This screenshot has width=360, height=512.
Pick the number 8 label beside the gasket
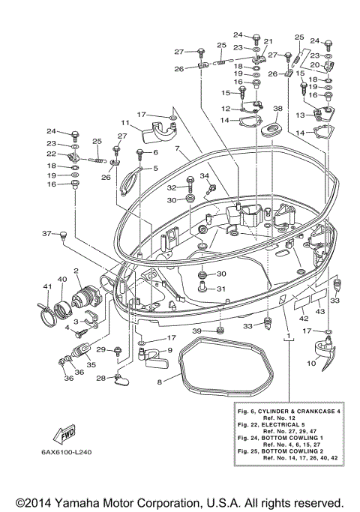pos(159,382)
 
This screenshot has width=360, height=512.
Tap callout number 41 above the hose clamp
pos(46,287)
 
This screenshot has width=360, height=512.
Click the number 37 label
pos(46,233)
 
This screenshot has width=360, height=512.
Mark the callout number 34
pos(202,175)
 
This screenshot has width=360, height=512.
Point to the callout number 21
pos(268,41)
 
